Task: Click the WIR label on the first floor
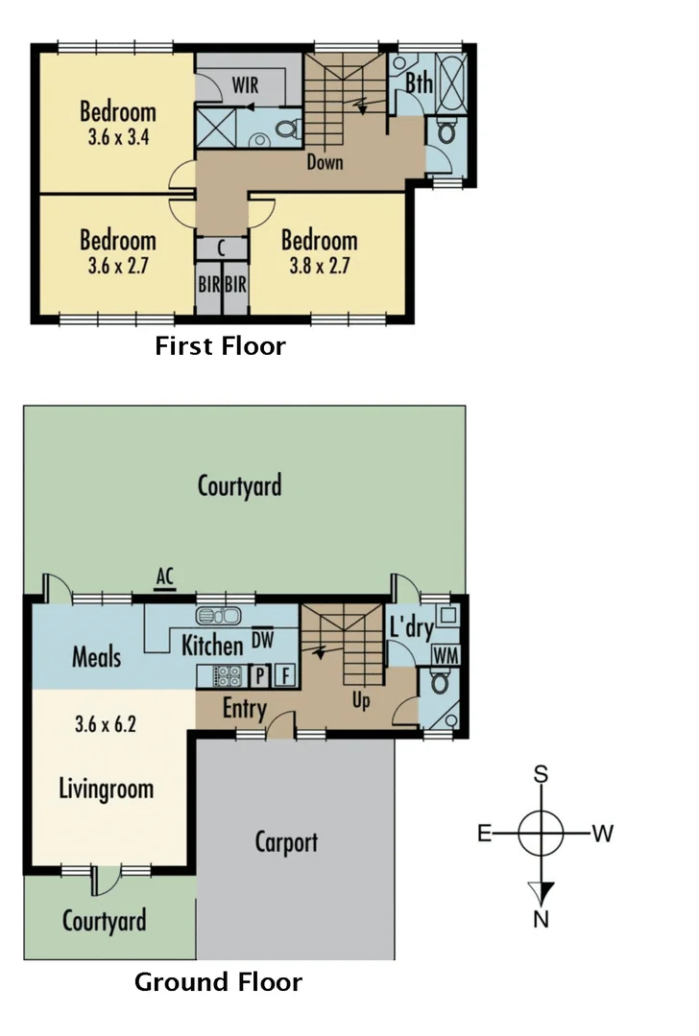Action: click(x=246, y=85)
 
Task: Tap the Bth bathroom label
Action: click(x=418, y=83)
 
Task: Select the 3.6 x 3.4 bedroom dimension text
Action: click(x=117, y=136)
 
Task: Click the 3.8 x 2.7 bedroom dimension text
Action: click(x=320, y=265)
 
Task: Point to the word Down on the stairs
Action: click(x=325, y=162)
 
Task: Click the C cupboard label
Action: click(x=222, y=247)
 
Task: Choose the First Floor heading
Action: click(x=220, y=345)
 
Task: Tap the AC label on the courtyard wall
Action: click(x=164, y=577)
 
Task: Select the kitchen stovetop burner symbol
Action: click(x=229, y=675)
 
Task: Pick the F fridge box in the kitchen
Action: click(x=283, y=675)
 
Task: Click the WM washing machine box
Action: click(x=444, y=654)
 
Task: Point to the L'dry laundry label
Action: click(x=410, y=628)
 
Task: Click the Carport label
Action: click(x=286, y=842)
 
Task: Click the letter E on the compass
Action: click(x=485, y=833)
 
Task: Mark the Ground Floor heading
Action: click(x=218, y=982)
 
